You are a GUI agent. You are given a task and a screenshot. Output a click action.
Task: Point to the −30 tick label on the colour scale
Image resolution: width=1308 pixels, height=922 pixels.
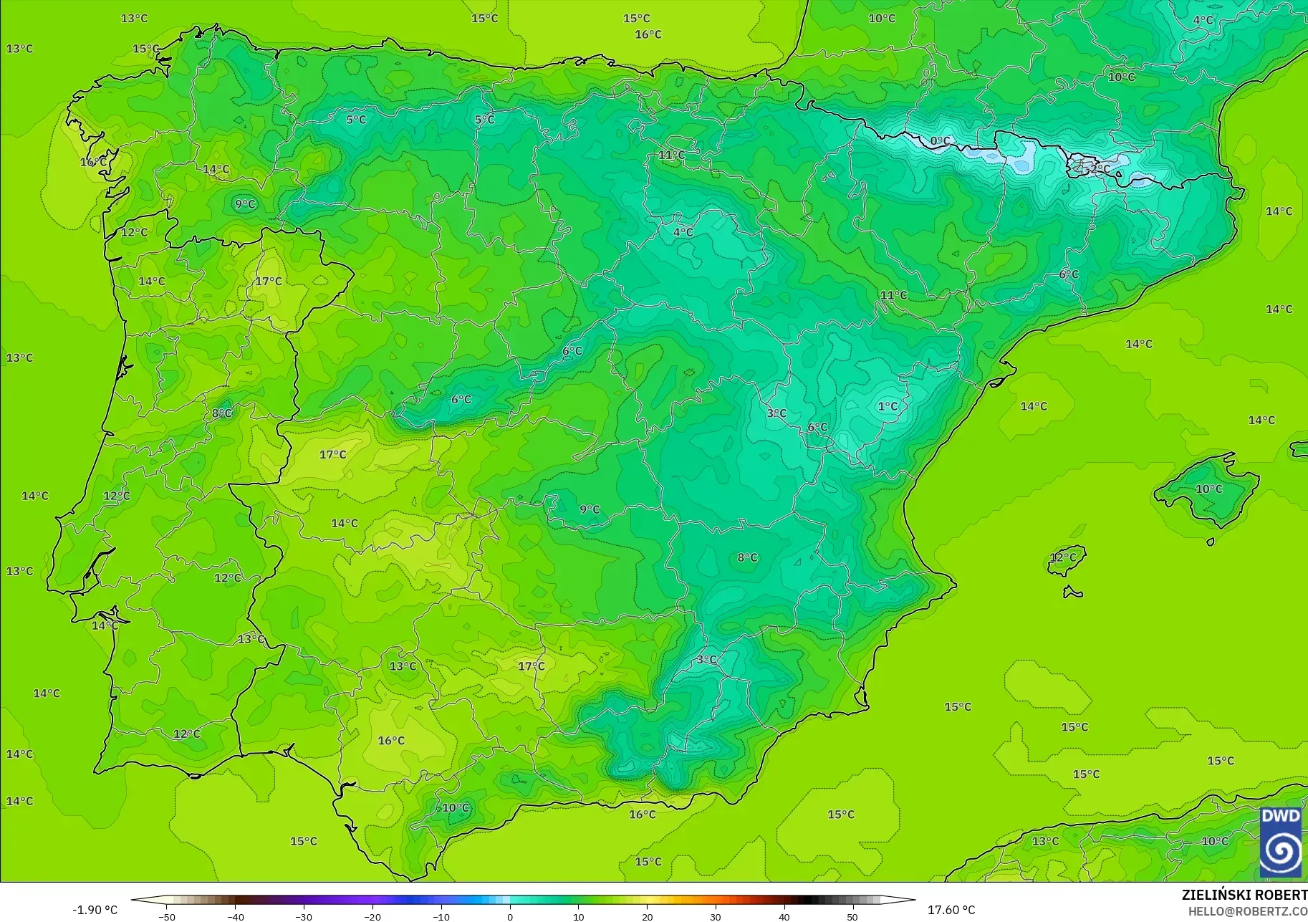304,917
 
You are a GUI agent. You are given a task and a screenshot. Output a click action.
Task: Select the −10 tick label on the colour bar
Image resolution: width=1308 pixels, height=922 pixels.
441,917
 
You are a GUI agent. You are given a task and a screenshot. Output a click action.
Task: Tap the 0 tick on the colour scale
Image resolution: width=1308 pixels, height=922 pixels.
510,917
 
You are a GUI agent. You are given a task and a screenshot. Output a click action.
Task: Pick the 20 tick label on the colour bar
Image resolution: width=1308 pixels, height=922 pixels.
648,917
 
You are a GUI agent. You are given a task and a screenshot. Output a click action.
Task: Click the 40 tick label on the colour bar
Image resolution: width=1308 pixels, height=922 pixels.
784,917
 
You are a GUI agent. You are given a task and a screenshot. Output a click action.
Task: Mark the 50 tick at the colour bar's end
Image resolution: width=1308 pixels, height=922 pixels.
852,917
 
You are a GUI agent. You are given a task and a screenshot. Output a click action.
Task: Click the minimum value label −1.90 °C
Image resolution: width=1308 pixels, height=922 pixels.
95,910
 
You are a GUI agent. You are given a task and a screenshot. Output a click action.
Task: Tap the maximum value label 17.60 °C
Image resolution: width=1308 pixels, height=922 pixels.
951,910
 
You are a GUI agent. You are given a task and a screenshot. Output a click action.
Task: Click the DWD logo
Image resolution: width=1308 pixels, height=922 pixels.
1281,842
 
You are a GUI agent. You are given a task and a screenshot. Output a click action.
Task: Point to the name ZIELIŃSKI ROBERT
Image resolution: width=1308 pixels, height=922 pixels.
1244,895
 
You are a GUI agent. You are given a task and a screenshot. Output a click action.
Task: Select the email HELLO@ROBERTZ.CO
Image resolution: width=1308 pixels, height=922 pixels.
1248,911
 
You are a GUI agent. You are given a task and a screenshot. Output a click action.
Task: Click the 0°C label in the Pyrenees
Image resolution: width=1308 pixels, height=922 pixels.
941,141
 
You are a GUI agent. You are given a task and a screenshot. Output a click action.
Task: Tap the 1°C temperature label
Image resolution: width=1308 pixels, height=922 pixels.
888,406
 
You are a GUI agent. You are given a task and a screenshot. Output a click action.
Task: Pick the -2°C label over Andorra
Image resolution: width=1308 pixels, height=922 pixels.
1098,169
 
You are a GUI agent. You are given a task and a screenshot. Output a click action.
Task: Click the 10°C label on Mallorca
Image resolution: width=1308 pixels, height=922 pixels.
1209,489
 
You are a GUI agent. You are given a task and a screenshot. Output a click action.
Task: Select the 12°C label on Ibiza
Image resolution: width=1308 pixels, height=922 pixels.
1063,557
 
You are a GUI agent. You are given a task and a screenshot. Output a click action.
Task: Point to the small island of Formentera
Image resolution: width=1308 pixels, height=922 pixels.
1072,592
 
